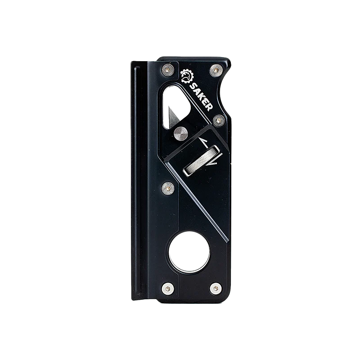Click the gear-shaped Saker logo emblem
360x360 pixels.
186,76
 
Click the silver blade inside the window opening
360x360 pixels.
175,117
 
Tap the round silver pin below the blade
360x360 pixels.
181,133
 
